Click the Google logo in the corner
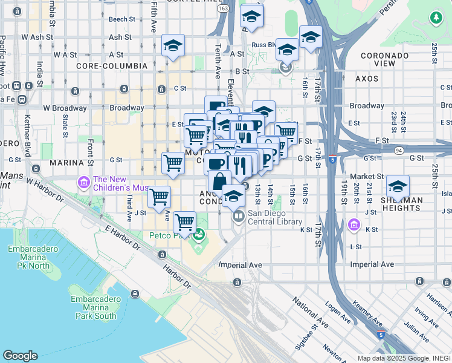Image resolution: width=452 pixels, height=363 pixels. coord(20,356)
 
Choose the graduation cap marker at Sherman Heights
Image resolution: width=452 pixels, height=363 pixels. coord(398,186)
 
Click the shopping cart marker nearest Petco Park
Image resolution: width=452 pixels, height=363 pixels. coord(184,221)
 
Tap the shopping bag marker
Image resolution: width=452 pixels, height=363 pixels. coord(219,180)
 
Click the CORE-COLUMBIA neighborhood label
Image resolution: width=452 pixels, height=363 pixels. coord(111,65)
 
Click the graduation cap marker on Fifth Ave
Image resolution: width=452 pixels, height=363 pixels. coord(173,45)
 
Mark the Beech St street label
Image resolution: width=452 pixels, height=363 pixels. coord(121,19)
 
